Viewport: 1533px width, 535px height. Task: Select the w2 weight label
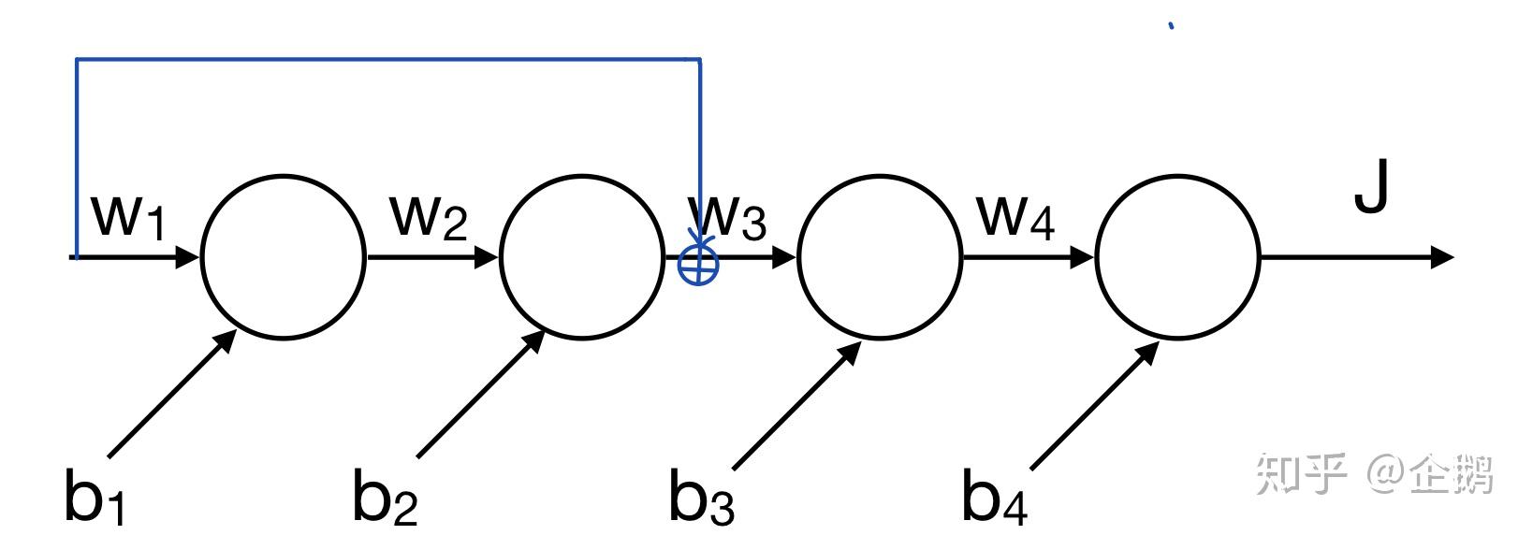coord(428,217)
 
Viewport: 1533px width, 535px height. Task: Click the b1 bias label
coord(94,496)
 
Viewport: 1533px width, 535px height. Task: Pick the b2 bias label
coord(384,496)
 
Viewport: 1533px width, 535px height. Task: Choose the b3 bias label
coord(701,496)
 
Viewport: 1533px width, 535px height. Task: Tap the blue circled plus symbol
coord(698,266)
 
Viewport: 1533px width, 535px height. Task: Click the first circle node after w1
coord(284,255)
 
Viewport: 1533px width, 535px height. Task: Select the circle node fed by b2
coord(581,255)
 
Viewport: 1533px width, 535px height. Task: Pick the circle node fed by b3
coord(879,255)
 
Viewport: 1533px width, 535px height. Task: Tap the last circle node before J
coord(1177,255)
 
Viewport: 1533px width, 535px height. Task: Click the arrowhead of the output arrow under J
coord(1441,256)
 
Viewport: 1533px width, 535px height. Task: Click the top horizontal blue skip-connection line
coord(387,60)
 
